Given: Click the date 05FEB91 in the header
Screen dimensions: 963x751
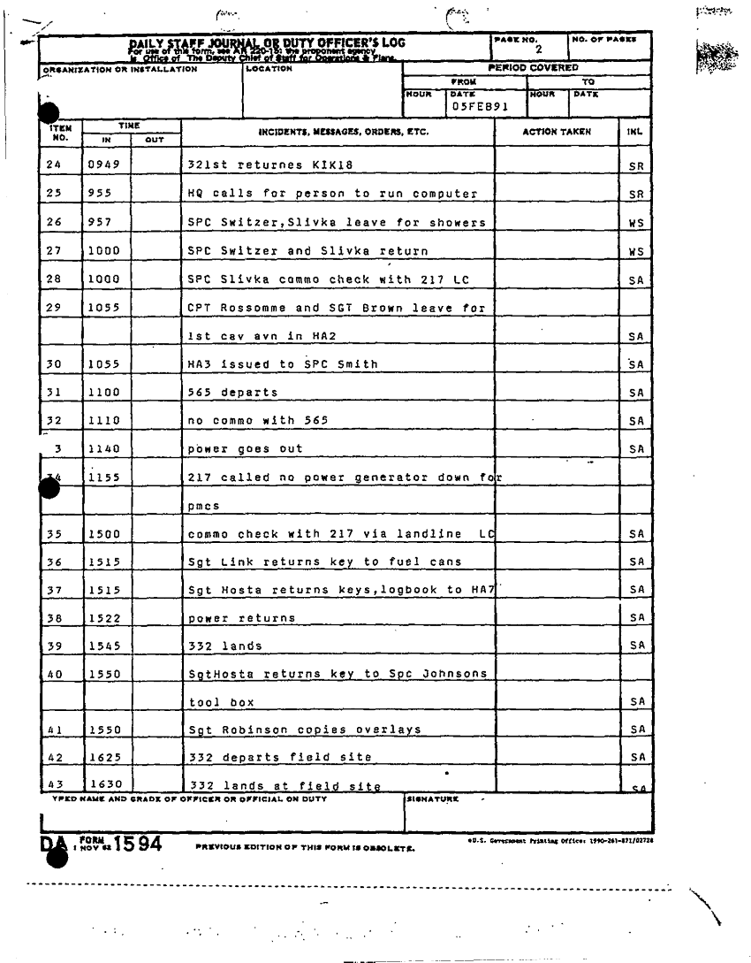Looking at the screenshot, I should [x=478, y=106].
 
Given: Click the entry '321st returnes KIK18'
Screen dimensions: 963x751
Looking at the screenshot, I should [x=259, y=165].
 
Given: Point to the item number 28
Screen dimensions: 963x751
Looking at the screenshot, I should [x=56, y=279].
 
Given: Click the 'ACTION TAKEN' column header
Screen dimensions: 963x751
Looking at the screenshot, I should [x=557, y=132].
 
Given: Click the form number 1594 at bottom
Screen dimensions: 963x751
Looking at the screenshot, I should [x=134, y=844].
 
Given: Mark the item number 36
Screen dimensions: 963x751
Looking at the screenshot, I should [x=56, y=562].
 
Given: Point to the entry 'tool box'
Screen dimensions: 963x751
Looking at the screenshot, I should [x=222, y=702].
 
